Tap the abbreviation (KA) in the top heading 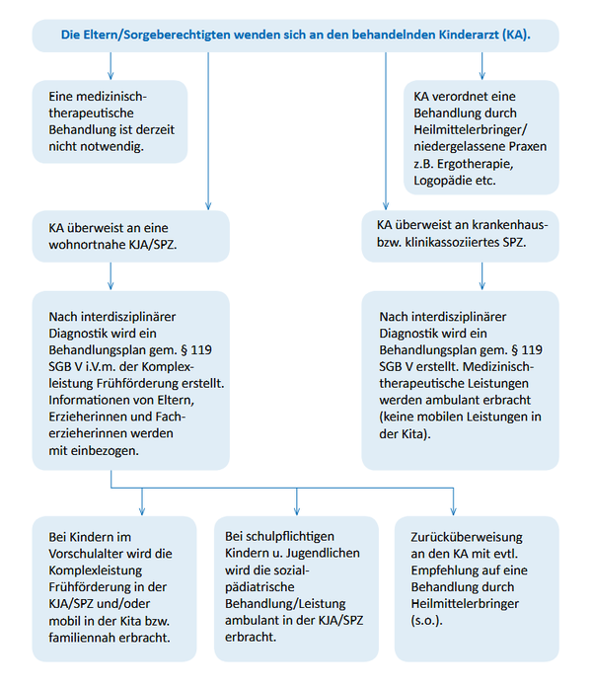click(516, 35)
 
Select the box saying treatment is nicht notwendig click(110, 121)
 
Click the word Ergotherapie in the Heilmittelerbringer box click(476, 164)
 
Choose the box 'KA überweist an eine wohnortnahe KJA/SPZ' click(131, 237)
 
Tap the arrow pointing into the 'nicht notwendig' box click(111, 66)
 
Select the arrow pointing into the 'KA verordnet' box click(481, 66)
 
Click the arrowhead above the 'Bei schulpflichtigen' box click(297, 511)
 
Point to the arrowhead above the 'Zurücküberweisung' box click(453, 511)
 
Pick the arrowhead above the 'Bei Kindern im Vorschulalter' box click(142, 511)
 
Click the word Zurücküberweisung click(467, 537)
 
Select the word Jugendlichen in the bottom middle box click(323, 553)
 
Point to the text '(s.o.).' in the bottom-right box click(427, 621)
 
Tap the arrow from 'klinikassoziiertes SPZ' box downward click(481, 276)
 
